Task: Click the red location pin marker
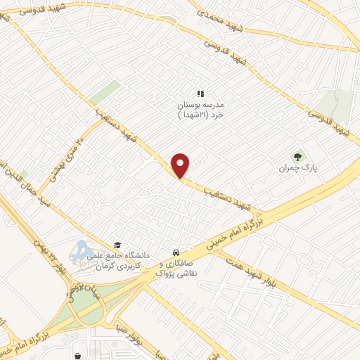click(x=181, y=165)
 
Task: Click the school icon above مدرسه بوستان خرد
click(x=200, y=93)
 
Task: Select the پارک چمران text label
click(x=294, y=169)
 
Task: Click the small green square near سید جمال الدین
click(x=23, y=174)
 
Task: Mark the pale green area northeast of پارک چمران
click(x=336, y=105)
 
